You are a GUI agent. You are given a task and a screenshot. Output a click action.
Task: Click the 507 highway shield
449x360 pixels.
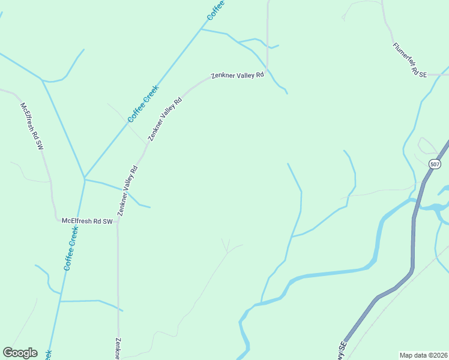(435, 164)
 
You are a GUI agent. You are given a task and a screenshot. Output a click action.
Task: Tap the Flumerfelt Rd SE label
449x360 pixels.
(409, 59)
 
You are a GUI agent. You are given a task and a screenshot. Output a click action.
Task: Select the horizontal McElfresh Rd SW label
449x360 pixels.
(87, 221)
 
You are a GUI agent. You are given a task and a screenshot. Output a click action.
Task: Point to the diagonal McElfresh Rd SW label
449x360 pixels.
(32, 126)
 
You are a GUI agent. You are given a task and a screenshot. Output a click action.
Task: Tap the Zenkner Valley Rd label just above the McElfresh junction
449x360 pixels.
(127, 190)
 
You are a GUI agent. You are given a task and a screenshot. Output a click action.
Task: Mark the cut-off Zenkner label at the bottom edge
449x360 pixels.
(118, 348)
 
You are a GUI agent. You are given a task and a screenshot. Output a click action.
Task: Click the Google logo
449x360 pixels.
(20, 353)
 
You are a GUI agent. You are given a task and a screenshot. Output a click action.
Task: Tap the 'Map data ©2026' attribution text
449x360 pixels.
(423, 355)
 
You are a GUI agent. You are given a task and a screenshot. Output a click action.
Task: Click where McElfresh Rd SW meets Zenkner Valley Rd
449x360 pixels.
(118, 221)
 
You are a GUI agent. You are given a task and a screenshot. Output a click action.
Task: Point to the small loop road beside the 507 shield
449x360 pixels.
(427, 145)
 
